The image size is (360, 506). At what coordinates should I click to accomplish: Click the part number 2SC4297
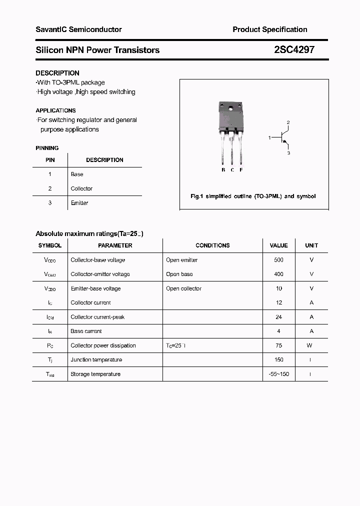pyautogui.click(x=294, y=50)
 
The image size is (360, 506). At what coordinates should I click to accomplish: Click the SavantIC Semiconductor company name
pyautogui.click(x=78, y=29)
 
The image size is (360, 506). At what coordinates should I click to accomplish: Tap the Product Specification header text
pyautogui.click(x=269, y=29)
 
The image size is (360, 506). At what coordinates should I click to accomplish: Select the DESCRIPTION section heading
pyautogui.click(x=57, y=73)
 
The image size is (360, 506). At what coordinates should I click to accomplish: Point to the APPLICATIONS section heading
pyautogui.click(x=55, y=110)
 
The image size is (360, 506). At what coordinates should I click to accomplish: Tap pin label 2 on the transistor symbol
pyautogui.click(x=288, y=122)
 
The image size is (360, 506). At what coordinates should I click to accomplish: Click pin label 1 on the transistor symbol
pyautogui.click(x=269, y=137)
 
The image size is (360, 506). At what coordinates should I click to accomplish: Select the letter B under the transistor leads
pyautogui.click(x=223, y=170)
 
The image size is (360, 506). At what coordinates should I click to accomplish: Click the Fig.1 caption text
pyautogui.click(x=253, y=196)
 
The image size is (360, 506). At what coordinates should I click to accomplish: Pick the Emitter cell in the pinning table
pyautogui.click(x=79, y=203)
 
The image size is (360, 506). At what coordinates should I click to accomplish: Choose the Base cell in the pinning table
pyautogui.click(x=77, y=174)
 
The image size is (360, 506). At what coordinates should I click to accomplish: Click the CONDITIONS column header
pyautogui.click(x=212, y=245)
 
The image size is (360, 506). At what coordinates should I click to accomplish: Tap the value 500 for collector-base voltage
pyautogui.click(x=278, y=260)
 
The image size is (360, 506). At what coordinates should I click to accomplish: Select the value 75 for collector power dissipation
pyautogui.click(x=278, y=345)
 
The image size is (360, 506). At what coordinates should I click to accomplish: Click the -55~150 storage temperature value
pyautogui.click(x=278, y=374)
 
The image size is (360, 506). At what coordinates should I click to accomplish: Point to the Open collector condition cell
pyautogui.click(x=183, y=288)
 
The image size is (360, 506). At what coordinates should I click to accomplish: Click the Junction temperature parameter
pyautogui.click(x=96, y=360)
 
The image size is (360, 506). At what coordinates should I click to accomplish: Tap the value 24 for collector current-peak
pyautogui.click(x=278, y=317)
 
